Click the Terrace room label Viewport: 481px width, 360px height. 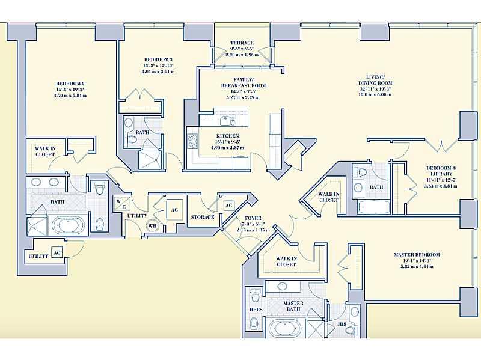click(242, 43)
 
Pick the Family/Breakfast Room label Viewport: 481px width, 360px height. click(243, 79)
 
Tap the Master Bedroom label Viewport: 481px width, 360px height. click(417, 255)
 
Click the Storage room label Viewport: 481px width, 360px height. click(203, 217)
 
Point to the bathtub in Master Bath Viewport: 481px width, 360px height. click(282, 328)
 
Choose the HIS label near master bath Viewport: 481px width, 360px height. click(342, 323)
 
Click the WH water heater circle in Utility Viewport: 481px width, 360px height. click(152, 225)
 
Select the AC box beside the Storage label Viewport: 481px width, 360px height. click(228, 204)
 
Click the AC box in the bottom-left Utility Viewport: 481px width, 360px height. click(57, 252)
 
